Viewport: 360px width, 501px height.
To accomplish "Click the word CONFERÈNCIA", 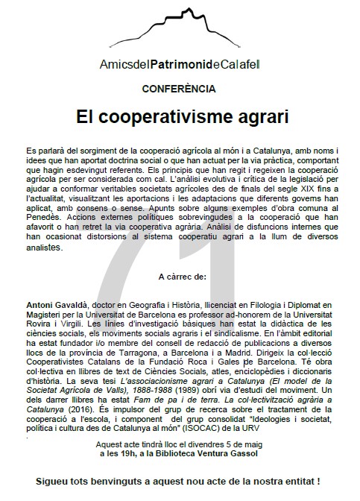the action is coord(179,86).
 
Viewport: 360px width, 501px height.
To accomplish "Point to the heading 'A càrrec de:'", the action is coord(180,276).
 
